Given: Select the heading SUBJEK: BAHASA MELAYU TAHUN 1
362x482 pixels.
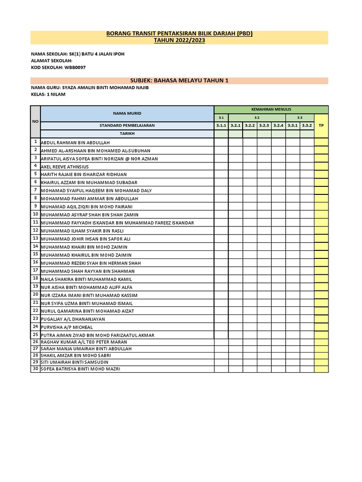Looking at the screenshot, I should tap(179, 80).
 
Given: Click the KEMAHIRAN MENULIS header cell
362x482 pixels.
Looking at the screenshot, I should tap(271, 109).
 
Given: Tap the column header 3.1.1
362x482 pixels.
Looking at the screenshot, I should tap(221, 126).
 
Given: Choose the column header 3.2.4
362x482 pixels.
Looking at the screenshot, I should tap(278, 126).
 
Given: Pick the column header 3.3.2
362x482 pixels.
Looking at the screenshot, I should tap(307, 126).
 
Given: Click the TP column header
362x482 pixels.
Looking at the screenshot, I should tap(321, 126).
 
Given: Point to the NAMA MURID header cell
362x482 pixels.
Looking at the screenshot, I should tap(127, 113).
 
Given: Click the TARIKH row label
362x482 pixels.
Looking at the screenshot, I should tap(127, 134).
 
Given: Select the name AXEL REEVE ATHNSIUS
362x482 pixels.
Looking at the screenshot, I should tap(65, 167).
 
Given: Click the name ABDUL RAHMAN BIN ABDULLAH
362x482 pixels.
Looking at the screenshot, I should tap(75, 143).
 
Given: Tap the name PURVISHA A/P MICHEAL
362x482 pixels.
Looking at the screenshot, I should tap(67, 327).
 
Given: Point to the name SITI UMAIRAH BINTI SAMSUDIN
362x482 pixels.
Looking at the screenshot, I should tap(74, 362).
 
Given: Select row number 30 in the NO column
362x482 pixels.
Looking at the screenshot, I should tap(35, 369).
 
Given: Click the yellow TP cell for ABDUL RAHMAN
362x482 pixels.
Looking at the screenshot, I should tap(321, 142).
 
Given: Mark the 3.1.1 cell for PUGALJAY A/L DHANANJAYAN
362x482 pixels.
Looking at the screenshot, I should tap(221, 319).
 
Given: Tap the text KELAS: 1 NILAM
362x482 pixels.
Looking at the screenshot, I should tap(48, 95).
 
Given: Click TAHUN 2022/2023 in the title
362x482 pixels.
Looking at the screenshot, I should tap(179, 40).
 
